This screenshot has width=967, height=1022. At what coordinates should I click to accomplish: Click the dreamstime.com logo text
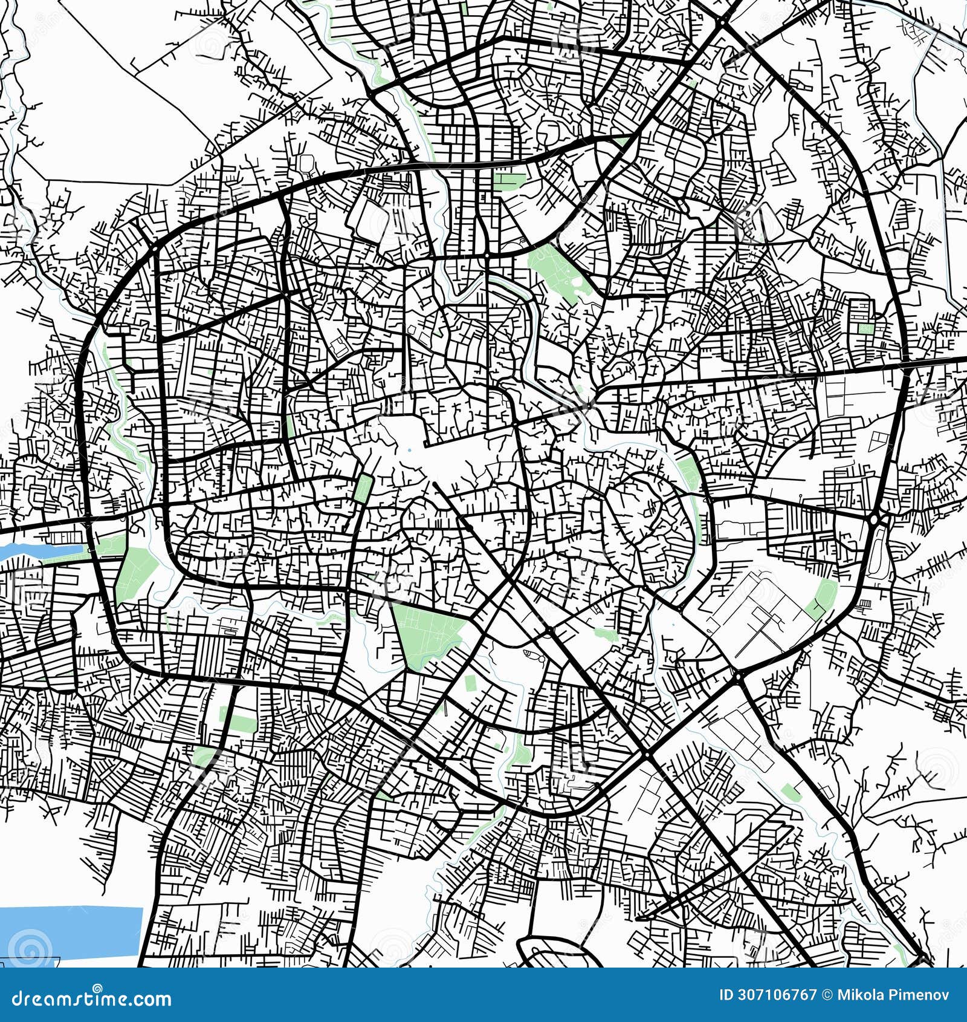(91, 998)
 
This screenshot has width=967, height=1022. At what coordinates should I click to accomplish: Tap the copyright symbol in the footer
(826, 995)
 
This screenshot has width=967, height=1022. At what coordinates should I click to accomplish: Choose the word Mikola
(859, 995)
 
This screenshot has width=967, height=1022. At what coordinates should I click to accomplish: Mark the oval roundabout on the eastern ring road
(874, 518)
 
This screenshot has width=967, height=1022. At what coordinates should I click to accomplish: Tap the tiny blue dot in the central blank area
(409, 450)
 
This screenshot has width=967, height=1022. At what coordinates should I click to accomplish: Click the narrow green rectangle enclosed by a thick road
(363, 488)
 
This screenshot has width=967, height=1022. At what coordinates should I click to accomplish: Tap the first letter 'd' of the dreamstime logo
(16, 998)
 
